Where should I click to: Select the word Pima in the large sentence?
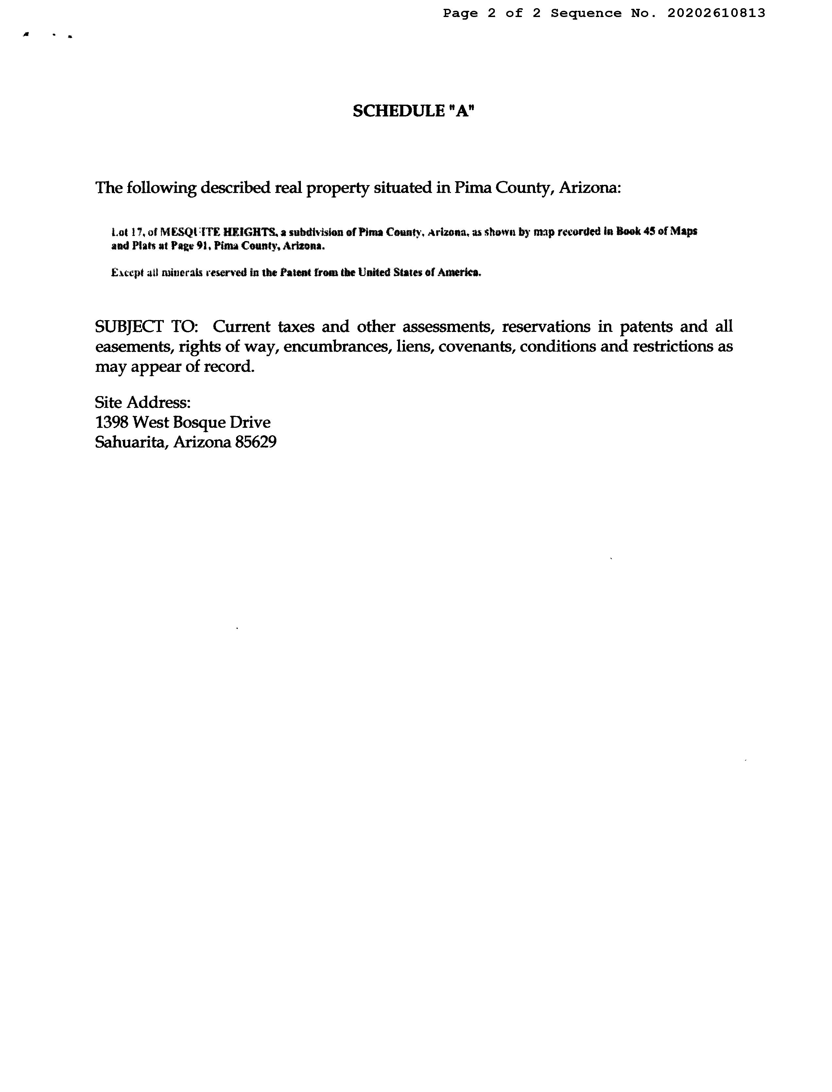[470, 188]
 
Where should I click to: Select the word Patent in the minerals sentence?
[296, 272]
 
